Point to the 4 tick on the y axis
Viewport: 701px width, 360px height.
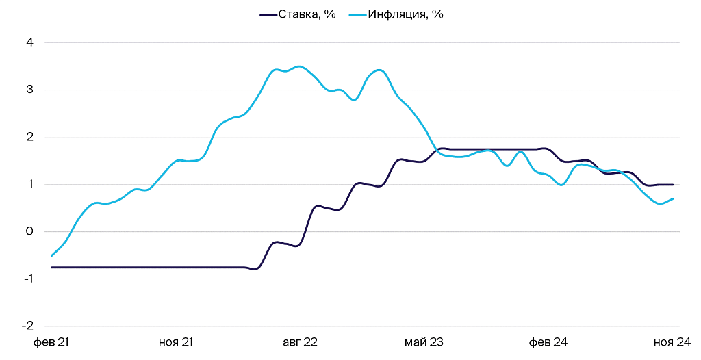click(30, 42)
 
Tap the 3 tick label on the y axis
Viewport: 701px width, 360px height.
click(30, 90)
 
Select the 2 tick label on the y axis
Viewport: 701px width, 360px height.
click(30, 137)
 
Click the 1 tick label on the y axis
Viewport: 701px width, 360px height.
click(30, 184)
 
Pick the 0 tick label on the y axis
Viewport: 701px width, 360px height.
click(30, 231)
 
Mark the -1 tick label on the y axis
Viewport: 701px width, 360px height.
click(28, 279)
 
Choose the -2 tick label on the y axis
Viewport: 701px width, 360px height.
click(28, 326)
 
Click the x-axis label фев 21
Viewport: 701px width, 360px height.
click(51, 342)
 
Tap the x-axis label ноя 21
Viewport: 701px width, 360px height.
click(176, 342)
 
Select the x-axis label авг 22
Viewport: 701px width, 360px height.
click(301, 342)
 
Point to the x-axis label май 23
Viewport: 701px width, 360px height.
click(425, 342)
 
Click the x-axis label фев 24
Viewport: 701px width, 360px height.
click(550, 342)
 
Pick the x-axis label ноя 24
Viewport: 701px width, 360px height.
click(674, 342)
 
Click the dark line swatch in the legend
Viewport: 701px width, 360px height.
click(268, 14)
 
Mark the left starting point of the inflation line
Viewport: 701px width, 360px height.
click(52, 255)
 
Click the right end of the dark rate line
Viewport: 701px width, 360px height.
click(674, 184)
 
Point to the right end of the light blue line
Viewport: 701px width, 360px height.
click(674, 198)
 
